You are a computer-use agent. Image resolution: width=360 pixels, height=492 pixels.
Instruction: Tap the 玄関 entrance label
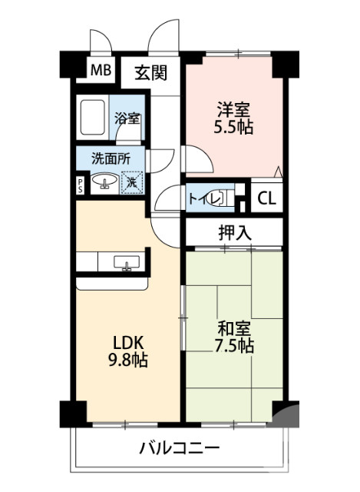[x=150, y=73]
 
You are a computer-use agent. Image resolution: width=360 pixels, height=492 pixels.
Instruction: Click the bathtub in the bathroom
[x=93, y=119]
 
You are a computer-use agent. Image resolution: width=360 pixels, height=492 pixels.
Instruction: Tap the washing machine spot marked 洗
[x=132, y=183]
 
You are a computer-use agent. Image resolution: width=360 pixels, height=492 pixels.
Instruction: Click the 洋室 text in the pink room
[x=233, y=109]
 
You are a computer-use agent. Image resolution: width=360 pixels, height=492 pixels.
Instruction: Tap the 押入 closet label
[x=234, y=233]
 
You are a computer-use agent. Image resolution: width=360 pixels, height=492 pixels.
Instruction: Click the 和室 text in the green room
[x=234, y=328]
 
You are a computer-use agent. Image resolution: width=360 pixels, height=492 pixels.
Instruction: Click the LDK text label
[x=129, y=342]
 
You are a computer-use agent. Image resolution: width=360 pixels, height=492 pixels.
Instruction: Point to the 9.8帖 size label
[x=129, y=360]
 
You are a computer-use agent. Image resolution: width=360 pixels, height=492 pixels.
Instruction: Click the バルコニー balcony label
[x=180, y=448]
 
